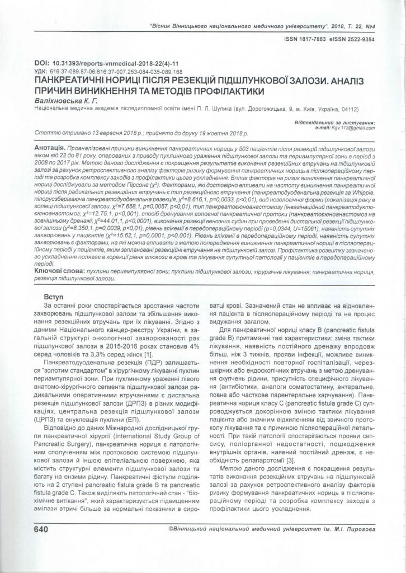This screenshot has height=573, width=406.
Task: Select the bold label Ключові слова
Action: point(57,270)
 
